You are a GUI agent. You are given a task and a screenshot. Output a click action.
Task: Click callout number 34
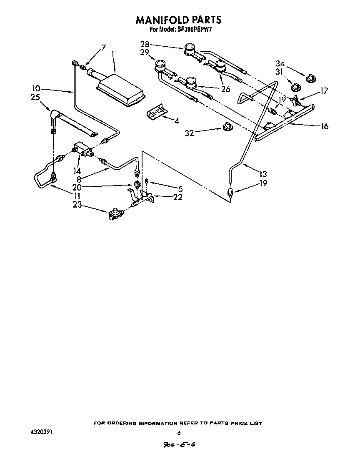pos(280,63)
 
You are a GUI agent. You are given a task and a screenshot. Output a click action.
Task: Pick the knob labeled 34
pos(311,78)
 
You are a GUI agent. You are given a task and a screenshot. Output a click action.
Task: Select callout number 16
pos(324,126)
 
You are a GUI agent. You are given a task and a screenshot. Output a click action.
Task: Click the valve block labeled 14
pos(84,150)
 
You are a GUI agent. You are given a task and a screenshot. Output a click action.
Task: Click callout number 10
pos(36,88)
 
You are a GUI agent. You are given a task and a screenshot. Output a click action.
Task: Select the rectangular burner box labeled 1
pos(121,88)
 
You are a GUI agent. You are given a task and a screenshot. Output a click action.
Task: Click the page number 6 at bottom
pos(179,433)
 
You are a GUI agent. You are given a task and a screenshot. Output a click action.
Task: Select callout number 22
pos(178,197)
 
